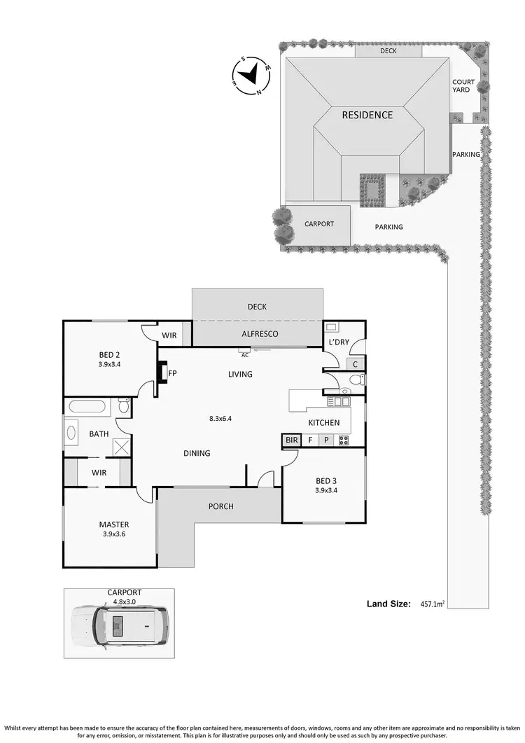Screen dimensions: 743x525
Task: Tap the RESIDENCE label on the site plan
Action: (367, 115)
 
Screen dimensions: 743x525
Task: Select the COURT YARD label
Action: (463, 86)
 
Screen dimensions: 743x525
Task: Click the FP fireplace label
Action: (171, 373)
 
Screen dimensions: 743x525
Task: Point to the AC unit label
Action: (244, 355)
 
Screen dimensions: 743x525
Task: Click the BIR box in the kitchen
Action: (291, 440)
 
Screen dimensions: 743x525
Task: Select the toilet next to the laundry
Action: (355, 380)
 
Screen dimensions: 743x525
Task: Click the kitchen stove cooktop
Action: (344, 440)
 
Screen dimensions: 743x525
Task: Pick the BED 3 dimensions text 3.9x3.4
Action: (326, 490)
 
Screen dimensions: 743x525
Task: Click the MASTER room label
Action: (113, 525)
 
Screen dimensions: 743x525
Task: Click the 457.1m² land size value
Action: (433, 604)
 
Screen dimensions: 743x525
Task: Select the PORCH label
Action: (220, 506)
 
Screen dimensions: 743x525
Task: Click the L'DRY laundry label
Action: (339, 342)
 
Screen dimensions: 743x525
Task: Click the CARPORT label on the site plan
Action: (318, 224)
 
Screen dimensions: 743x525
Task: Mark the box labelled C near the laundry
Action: (356, 364)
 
